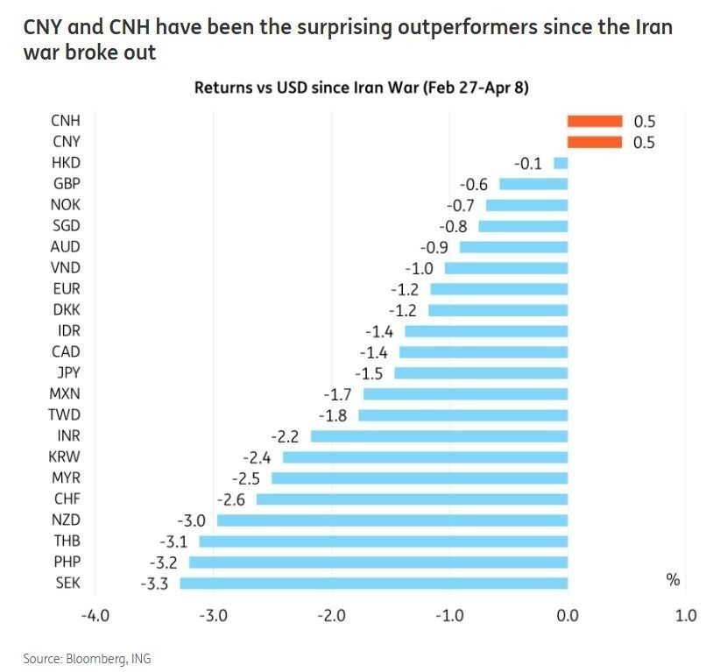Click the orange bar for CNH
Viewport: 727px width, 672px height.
coord(595,121)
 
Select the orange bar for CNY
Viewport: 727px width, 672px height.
coord(595,142)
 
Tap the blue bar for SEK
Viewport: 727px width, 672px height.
coord(374,583)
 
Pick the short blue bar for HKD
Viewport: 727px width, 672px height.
coord(561,163)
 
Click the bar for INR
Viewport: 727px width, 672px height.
coord(440,435)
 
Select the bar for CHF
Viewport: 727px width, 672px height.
coord(413,499)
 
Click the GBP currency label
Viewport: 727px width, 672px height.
coord(67,183)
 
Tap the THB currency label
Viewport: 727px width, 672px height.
coord(67,541)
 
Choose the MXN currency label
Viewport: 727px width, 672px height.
coord(67,393)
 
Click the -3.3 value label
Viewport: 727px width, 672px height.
coord(154,583)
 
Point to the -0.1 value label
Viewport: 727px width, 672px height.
coord(528,163)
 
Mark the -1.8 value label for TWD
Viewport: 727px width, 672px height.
coord(333,414)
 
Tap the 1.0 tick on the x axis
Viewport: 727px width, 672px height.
coord(686,616)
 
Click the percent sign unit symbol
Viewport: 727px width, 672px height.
coord(674,580)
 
